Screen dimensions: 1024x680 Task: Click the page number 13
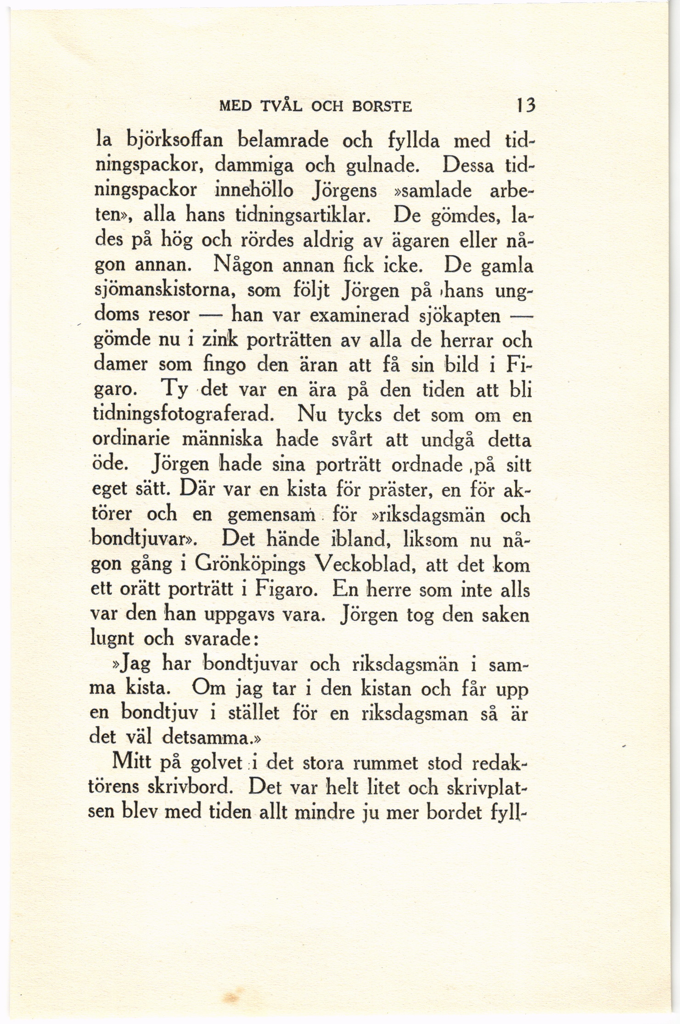[525, 105]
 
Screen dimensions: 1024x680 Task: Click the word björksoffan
[175, 140]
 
